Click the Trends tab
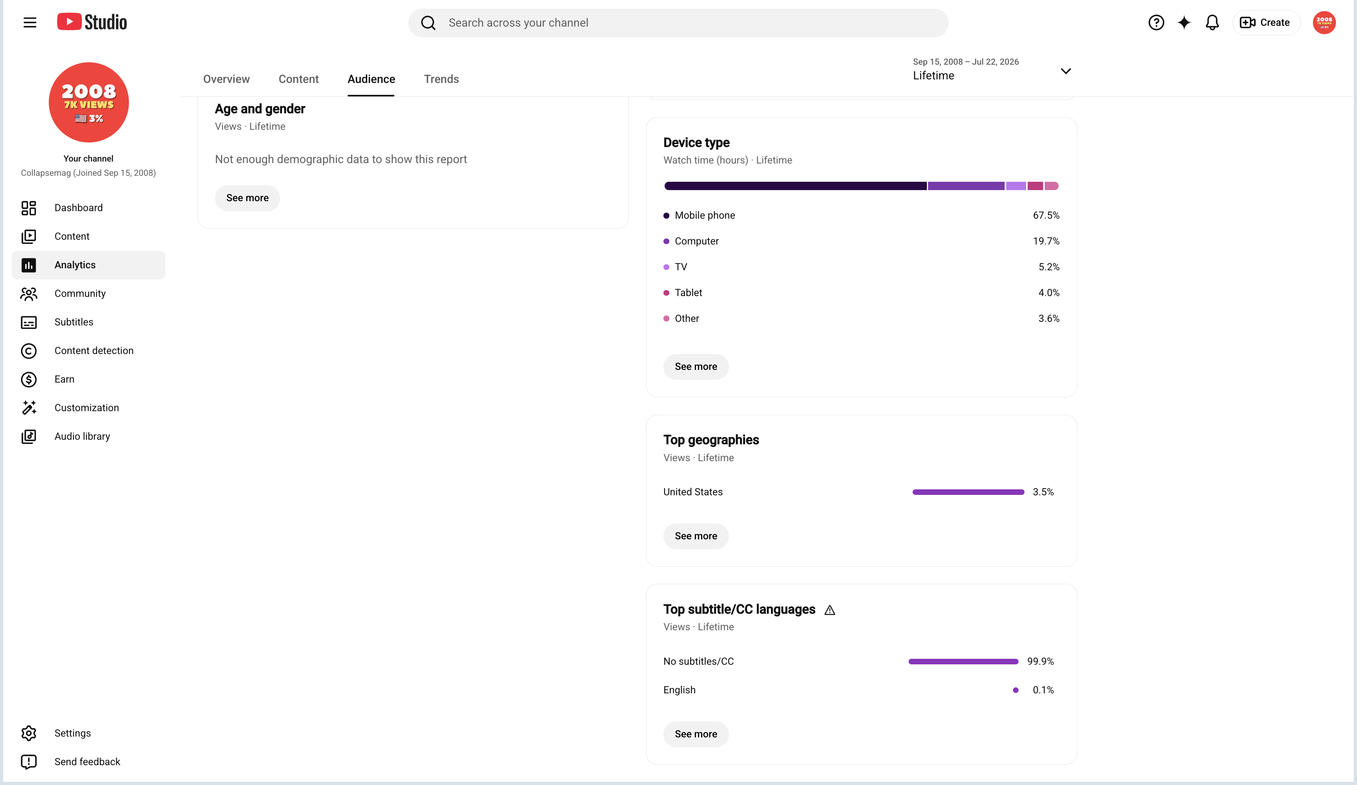coord(441,79)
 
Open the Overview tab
coord(226,79)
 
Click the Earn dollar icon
coord(29,380)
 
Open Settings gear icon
coord(29,733)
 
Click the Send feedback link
coord(87,762)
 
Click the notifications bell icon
coord(1212,23)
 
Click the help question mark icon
coord(1156,23)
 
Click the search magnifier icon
coord(428,23)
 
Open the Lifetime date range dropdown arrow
coord(1066,71)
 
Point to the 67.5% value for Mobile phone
coord(1046,215)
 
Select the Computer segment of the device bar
coord(966,186)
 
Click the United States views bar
coord(968,492)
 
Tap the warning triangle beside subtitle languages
coord(830,610)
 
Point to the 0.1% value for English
coord(1043,690)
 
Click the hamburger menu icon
coord(30,23)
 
